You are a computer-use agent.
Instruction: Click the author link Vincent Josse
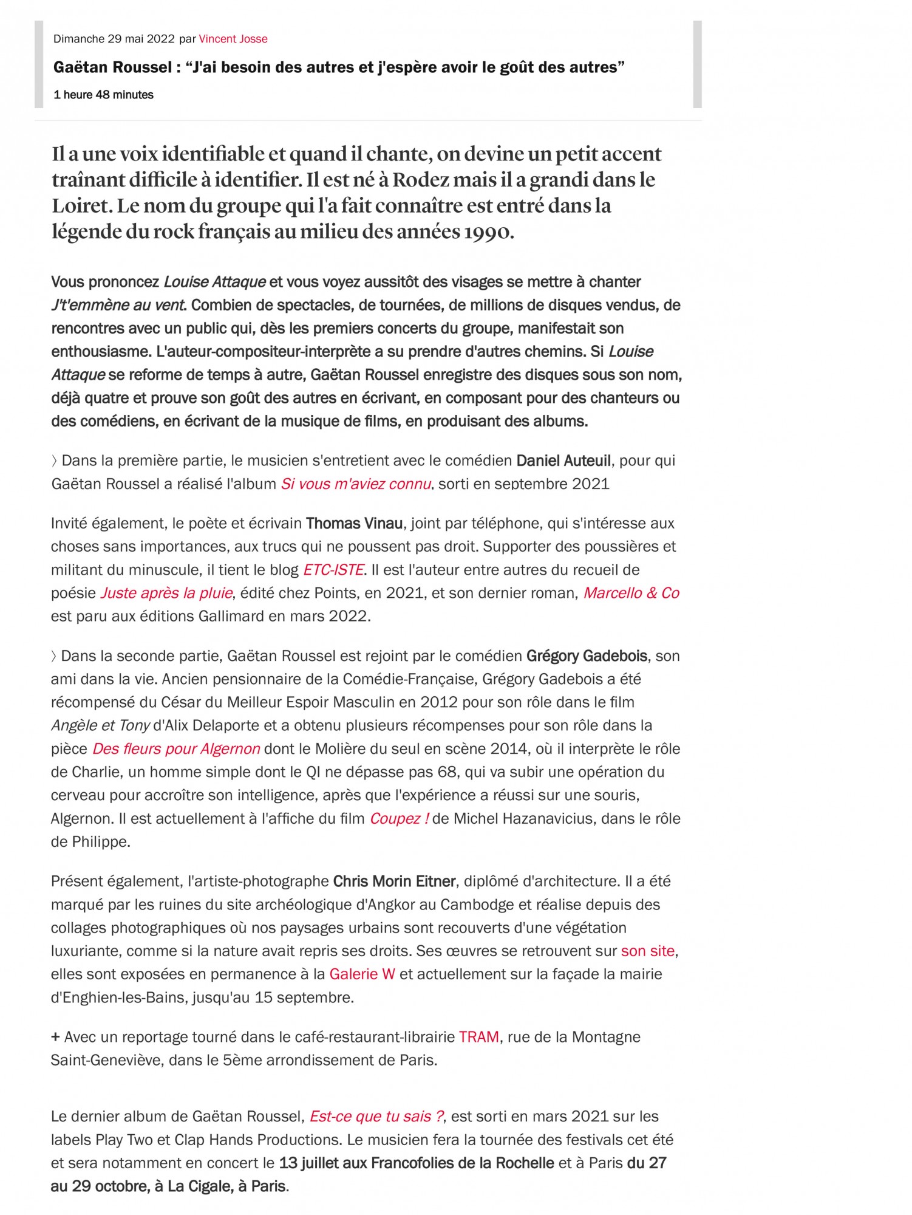(233, 39)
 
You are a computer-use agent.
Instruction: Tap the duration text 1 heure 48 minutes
(103, 95)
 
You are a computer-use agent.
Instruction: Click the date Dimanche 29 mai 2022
(114, 39)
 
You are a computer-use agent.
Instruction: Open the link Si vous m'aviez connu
(356, 484)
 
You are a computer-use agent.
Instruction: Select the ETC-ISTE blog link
(333, 570)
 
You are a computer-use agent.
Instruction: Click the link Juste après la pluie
(166, 593)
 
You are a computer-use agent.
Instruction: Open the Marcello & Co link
(631, 593)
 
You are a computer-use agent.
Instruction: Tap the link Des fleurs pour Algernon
(176, 748)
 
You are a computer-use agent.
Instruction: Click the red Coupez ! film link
(399, 818)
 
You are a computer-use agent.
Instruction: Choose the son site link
(647, 951)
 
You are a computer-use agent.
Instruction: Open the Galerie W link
(362, 974)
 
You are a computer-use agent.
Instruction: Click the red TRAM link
(479, 1036)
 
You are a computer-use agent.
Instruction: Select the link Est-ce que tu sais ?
(376, 1116)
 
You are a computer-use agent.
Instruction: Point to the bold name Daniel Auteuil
(563, 460)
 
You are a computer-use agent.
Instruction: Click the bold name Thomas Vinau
(354, 523)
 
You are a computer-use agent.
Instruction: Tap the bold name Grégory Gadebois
(587, 655)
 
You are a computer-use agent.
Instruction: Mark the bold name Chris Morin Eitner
(395, 881)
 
